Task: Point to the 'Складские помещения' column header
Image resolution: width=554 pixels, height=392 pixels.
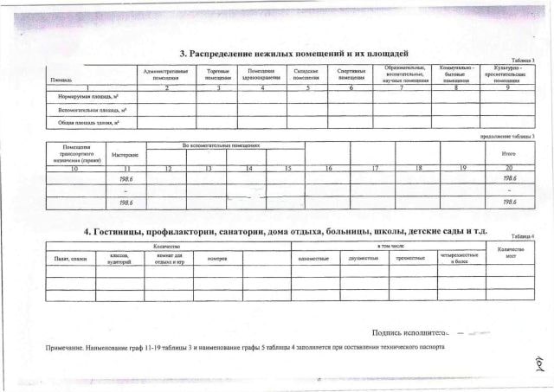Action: click(x=306, y=74)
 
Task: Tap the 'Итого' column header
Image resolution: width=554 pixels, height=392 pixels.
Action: click(x=509, y=154)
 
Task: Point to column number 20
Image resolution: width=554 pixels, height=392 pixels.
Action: click(x=509, y=166)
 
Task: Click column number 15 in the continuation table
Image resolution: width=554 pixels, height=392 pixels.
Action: click(x=287, y=166)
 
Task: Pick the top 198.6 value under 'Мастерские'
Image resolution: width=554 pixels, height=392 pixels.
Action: click(x=126, y=177)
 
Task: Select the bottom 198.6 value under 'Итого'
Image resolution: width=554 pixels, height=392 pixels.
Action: click(x=509, y=202)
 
